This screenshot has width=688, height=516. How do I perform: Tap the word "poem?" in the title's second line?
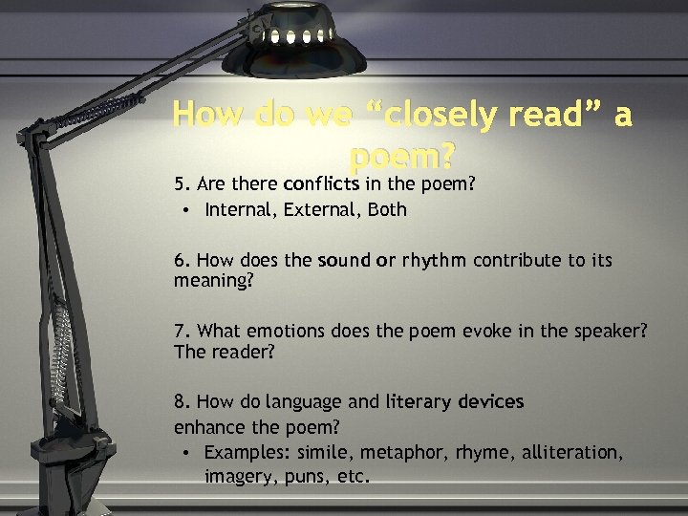pos(403,154)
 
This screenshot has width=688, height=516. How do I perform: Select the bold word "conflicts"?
pos(321,183)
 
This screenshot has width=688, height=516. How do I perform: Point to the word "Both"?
pos(387,209)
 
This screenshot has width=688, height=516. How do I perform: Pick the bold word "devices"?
pos(492,401)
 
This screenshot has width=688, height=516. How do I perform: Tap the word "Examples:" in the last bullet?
pos(247,452)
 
